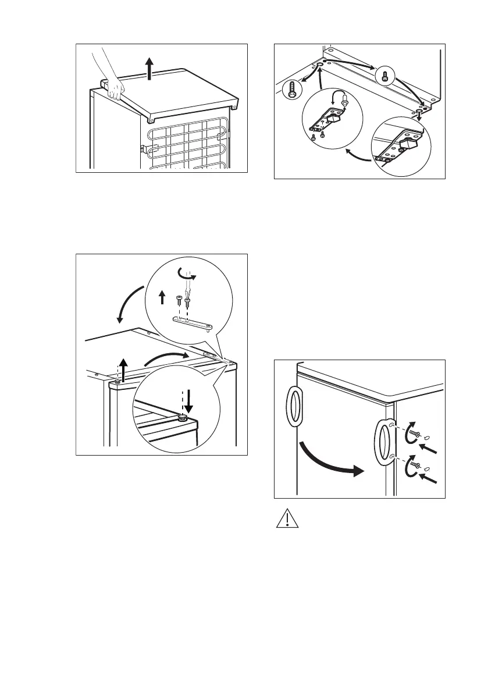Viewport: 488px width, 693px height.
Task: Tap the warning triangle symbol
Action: tap(286, 519)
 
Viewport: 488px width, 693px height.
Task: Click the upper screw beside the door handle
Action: tap(415, 434)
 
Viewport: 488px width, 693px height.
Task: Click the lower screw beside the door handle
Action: tap(415, 464)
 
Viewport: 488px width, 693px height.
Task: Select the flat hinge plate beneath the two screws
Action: tap(193, 322)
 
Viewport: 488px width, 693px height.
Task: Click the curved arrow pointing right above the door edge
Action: tap(166, 358)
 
